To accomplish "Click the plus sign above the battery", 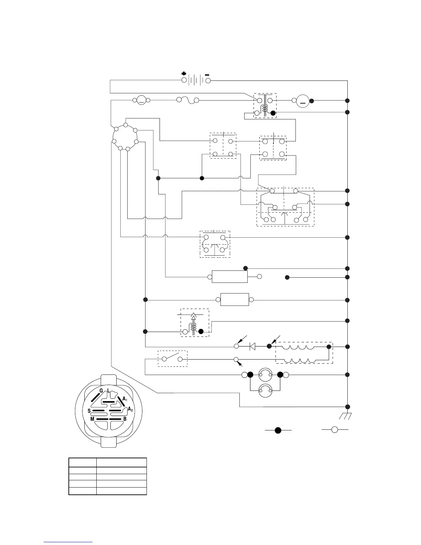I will [184, 74].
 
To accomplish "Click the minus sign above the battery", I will [207, 74].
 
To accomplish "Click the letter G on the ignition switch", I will [101, 391].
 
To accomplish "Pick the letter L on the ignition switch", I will [108, 391].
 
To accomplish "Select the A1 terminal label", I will [125, 399].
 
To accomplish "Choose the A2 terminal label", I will [130, 409].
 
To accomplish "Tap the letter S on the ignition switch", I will [89, 411].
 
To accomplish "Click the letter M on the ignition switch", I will [92, 419].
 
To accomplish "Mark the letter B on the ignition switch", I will [125, 419].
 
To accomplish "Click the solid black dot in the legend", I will [278, 430].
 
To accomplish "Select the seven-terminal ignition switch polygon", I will [125, 137].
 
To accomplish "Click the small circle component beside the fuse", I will [141, 100].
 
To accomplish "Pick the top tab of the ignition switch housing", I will [109, 379].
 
